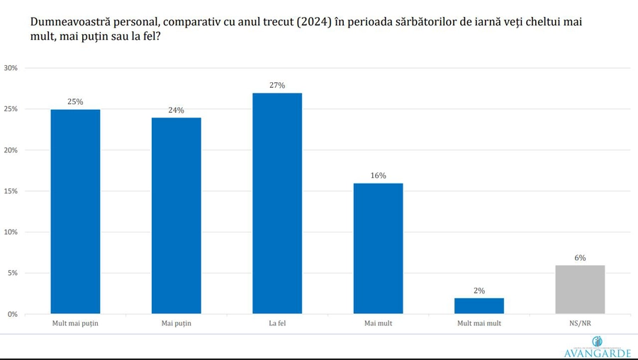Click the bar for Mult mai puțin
coord(75,211)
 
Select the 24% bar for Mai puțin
coord(176,215)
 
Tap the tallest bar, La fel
coord(277,203)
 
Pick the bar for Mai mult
coord(378,248)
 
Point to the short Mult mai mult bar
coord(479,305)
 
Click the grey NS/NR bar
coord(580,289)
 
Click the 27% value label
coord(277,85)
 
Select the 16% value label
coord(378,175)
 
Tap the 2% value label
coord(479,290)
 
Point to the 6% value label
coord(580,258)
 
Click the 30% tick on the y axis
coord(11,68)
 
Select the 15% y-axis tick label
coord(11,191)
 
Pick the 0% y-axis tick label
coord(12,314)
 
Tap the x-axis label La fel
coord(277,324)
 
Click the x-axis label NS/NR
coord(580,324)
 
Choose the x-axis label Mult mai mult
coord(479,324)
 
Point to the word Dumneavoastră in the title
coord(71,22)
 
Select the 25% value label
coord(75,101)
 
